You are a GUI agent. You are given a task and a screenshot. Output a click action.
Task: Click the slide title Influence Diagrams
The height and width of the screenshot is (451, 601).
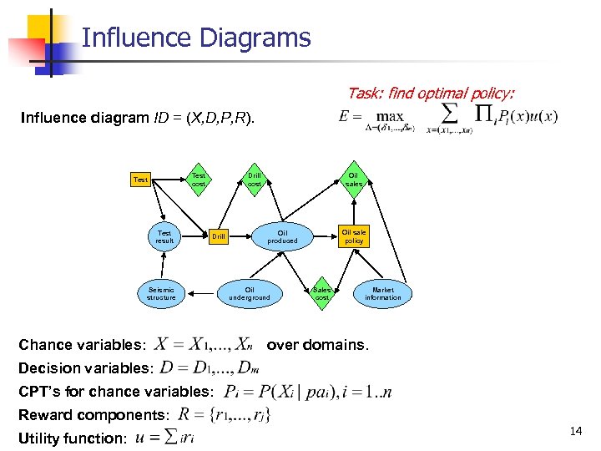(197, 38)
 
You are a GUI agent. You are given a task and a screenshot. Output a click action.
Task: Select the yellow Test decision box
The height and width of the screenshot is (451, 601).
(141, 180)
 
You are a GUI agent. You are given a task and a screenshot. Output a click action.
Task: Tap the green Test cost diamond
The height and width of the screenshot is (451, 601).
(198, 180)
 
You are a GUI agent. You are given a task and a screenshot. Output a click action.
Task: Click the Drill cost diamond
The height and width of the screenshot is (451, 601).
(255, 180)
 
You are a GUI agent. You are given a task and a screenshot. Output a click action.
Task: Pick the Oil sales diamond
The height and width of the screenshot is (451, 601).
(354, 180)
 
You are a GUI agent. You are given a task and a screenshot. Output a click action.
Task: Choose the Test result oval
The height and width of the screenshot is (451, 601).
(164, 236)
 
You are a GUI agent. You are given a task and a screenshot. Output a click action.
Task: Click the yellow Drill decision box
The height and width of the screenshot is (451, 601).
(218, 237)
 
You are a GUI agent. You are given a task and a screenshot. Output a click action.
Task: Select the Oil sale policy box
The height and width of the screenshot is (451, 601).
(354, 236)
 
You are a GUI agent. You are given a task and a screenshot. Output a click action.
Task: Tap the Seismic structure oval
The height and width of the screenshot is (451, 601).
(161, 293)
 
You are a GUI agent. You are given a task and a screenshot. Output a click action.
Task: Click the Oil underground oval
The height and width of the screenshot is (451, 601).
(250, 293)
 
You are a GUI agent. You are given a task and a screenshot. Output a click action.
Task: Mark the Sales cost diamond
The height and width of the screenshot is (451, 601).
(322, 293)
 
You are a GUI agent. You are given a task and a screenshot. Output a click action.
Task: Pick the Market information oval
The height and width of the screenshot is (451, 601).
(383, 293)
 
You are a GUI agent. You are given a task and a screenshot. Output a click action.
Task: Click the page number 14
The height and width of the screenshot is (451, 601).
(575, 431)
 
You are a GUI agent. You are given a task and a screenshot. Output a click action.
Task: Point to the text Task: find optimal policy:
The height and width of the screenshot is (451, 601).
(431, 94)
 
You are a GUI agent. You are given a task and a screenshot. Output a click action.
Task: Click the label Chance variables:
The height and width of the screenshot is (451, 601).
(83, 345)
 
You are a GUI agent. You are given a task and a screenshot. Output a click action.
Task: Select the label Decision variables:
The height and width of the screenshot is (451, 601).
(87, 368)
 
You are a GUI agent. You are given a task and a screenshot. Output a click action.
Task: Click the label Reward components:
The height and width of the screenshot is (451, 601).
(94, 414)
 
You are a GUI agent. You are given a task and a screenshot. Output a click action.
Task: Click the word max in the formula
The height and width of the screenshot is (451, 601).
(389, 116)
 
